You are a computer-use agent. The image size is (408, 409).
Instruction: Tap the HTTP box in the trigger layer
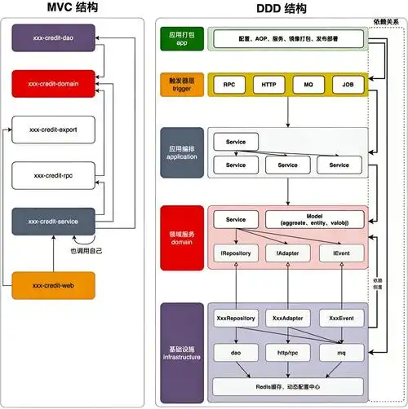(268, 84)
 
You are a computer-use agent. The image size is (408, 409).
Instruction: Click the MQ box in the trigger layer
(308, 84)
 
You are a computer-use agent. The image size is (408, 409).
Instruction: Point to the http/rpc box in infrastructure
(288, 352)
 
